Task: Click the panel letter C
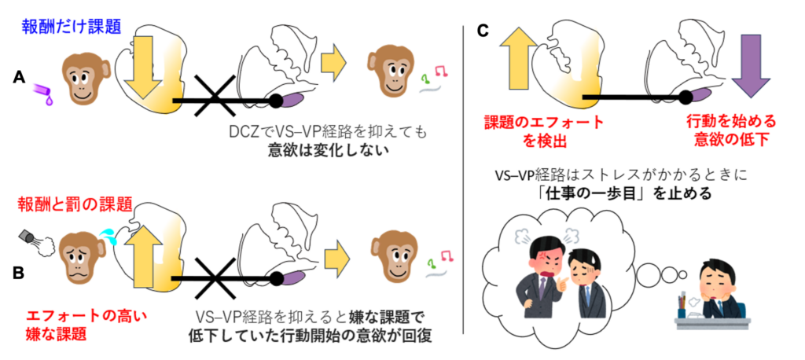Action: click(x=483, y=31)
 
